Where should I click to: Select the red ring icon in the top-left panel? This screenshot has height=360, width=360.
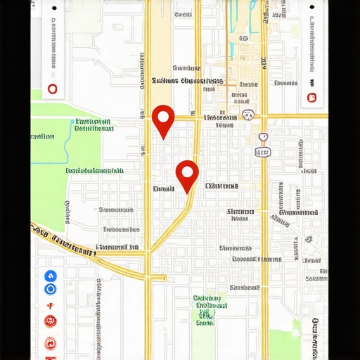point(51,89)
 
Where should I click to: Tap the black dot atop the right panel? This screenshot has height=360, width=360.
point(311,8)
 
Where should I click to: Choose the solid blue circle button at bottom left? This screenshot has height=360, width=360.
point(50,276)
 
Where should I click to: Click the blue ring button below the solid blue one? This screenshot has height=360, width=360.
point(50,289)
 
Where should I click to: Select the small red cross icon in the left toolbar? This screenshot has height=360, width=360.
point(50,306)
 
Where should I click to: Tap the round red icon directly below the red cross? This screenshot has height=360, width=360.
point(50,321)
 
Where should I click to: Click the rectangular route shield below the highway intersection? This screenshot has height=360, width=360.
point(262,152)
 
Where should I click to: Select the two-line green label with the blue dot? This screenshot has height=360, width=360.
point(94,125)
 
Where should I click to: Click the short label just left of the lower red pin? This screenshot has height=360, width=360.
point(163,188)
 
